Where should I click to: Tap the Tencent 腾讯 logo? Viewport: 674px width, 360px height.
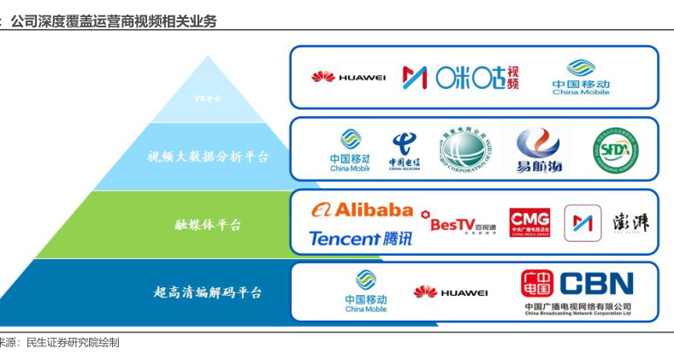pyautogui.click(x=360, y=239)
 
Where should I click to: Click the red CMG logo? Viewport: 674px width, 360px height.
pyautogui.click(x=529, y=222)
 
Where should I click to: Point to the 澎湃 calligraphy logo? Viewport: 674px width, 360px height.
pyautogui.click(x=631, y=222)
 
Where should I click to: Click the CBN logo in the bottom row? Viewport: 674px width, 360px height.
pyautogui.click(x=577, y=286)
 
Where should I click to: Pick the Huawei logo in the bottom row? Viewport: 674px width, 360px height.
pyautogui.click(x=450, y=292)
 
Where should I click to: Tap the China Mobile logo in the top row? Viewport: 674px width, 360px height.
pyautogui.click(x=581, y=76)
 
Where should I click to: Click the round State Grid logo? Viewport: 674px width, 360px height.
pyautogui.click(x=467, y=150)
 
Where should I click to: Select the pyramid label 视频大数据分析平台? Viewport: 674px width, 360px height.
pyautogui.click(x=208, y=156)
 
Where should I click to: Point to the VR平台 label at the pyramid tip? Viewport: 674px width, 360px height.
pyautogui.click(x=208, y=98)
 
